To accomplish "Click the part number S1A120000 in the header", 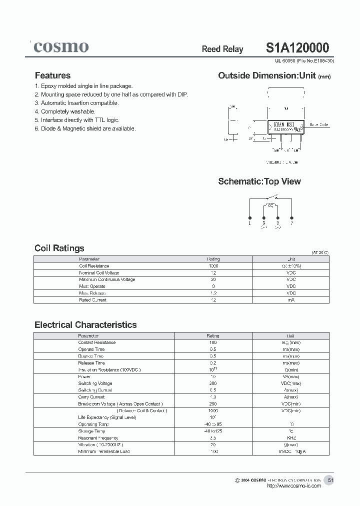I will pos(297,47).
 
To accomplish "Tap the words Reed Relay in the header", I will pos(222,49).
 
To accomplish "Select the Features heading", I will pos(52,75).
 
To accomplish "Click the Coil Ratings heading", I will pos(59,248).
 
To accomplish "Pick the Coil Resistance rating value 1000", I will pos(213,266).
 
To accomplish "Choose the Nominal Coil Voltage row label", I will pos(99,273).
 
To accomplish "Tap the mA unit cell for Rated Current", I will pos(291,300).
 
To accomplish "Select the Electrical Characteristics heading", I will pos(85,325).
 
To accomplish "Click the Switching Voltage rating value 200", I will pos(213,383).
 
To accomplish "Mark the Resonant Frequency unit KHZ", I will pos(291,437).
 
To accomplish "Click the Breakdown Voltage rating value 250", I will pos(213,403).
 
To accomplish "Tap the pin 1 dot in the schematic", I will pos(250,217).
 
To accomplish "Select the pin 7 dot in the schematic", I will pos(291,217).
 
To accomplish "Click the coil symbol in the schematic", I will pos(270,205).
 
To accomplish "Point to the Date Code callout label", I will pos(319,124).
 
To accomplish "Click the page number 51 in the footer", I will pos(330,480).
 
